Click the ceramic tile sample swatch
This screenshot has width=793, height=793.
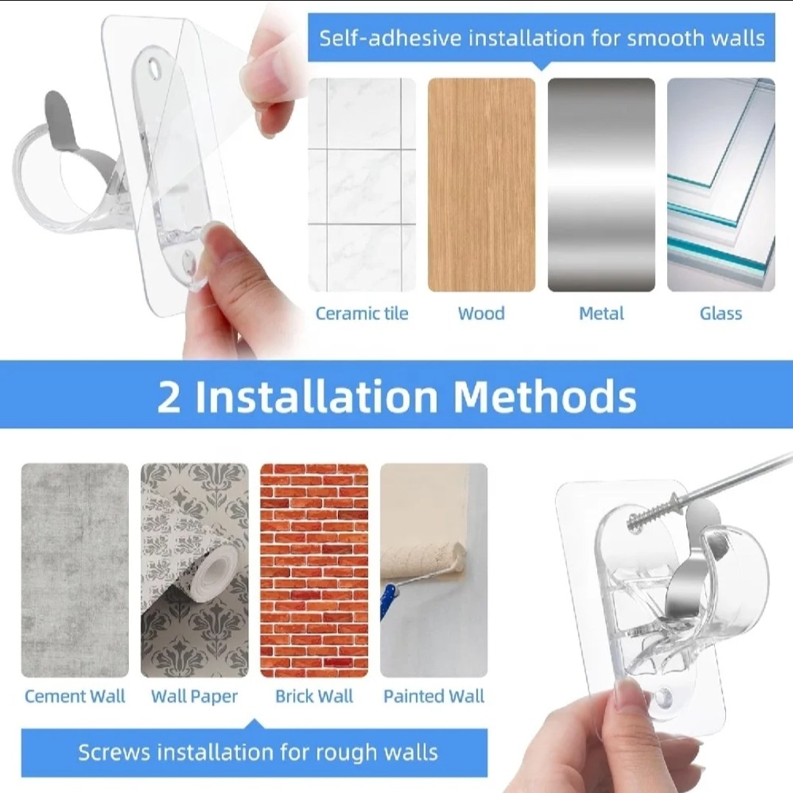coord(362,185)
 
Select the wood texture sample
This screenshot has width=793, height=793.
coord(482,185)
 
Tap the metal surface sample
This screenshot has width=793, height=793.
coord(602,185)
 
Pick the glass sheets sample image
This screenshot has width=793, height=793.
coord(721,185)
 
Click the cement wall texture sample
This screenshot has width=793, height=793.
coord(75,571)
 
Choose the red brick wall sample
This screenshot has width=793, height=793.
coord(314,571)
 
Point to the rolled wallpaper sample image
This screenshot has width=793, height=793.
coord(195,571)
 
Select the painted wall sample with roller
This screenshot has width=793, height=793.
coord(434,571)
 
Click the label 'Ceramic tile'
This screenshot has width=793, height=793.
coord(362,313)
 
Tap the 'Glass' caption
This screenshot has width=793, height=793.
coord(721,313)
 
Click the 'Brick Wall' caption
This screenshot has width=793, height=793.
coord(314,697)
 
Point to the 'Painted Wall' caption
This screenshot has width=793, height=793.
coord(434,697)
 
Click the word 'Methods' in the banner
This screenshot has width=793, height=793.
coord(545,396)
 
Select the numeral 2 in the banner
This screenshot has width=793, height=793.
coord(169,397)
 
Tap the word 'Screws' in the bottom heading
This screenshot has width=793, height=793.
coord(114,753)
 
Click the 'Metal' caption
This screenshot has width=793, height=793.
coord(602,313)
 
